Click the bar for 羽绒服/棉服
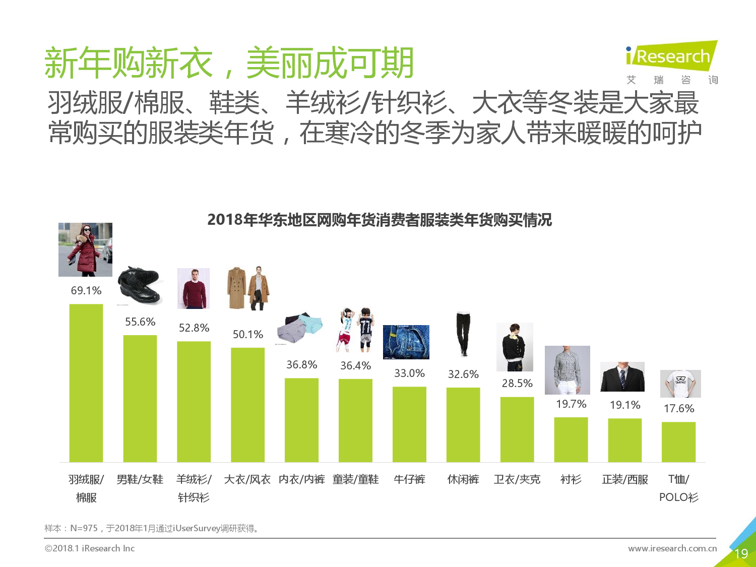pos(86,383)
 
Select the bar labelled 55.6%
pos(140,398)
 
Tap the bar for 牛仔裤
pos(409,424)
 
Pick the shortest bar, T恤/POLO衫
pos(678,442)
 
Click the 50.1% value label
pos(247,334)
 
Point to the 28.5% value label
pos(517,383)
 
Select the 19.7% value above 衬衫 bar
pos(571,404)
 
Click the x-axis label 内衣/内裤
pos(301,479)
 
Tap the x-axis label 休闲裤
pos(463,479)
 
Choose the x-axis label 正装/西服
pos(625,479)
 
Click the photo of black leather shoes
pos(138,285)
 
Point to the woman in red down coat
pos(85,249)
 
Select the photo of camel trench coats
pos(248,288)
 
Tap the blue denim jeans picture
pos(406,342)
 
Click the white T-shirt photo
pos(680,384)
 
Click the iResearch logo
pos(671,56)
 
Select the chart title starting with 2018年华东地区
pos(379,220)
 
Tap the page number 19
pos(741,554)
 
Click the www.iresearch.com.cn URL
pos(672,548)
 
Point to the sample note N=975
pos(151,528)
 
